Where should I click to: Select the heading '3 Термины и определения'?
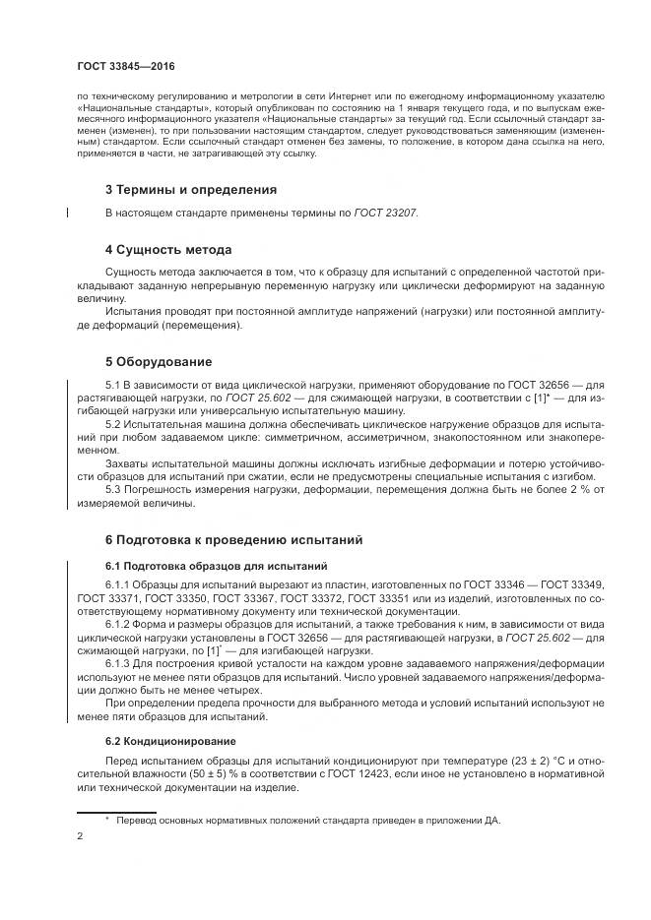(190, 188)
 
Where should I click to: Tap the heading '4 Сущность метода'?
(168, 249)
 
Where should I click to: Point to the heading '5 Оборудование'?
(159, 361)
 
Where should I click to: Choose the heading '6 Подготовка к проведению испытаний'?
(234, 540)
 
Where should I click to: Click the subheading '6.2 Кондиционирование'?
(163, 739)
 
